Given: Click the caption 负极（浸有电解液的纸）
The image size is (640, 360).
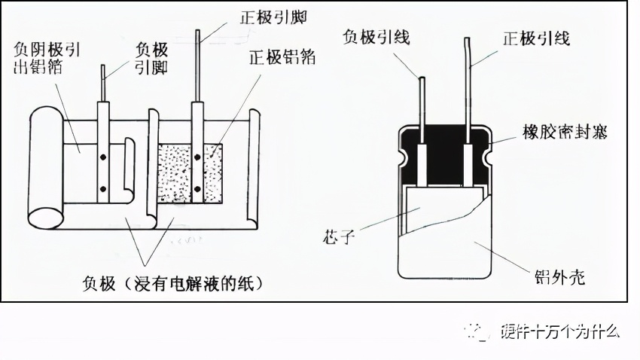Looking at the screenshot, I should coord(174,283).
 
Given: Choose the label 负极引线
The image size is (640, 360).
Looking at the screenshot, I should coord(376,37).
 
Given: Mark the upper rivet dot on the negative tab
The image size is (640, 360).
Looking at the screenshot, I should coord(103,159).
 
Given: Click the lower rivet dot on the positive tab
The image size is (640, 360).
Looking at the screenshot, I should coord(197,188).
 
